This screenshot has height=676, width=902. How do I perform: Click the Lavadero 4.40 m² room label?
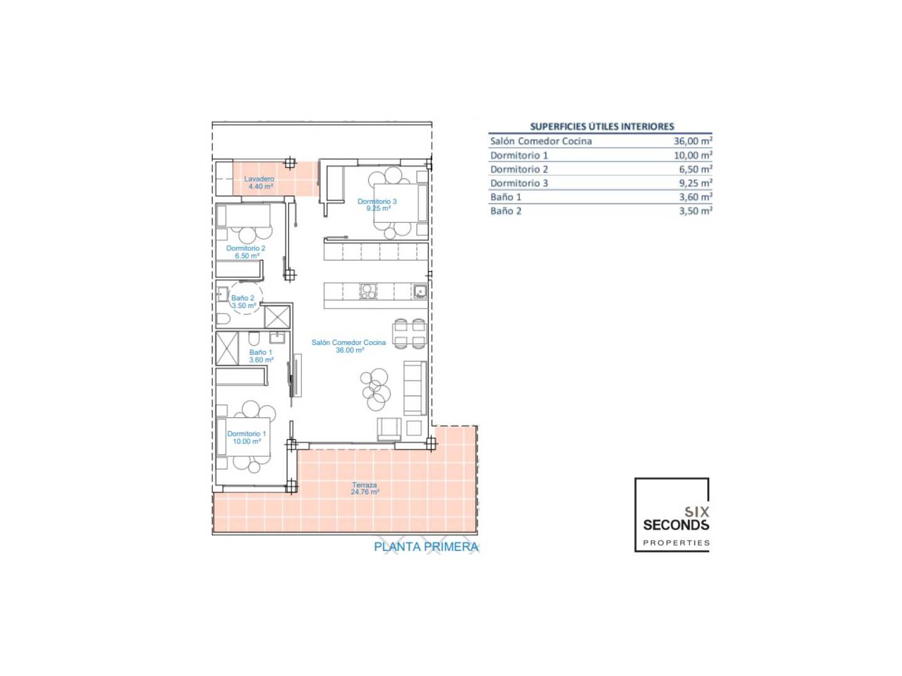pyautogui.click(x=259, y=183)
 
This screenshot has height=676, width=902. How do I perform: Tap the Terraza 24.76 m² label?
pyautogui.click(x=365, y=488)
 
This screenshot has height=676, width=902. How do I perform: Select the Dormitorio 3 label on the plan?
pyautogui.click(x=377, y=201)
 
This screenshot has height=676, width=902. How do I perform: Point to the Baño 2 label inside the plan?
pyautogui.click(x=242, y=298)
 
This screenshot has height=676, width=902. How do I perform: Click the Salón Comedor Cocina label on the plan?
pyautogui.click(x=348, y=342)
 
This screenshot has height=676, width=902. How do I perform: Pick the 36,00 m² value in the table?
pyautogui.click(x=693, y=141)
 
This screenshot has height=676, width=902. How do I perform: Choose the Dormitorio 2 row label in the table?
pyautogui.click(x=519, y=169)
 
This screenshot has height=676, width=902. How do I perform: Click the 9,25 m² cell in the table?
pyautogui.click(x=695, y=183)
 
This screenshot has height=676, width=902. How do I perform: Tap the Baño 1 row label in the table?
pyautogui.click(x=505, y=197)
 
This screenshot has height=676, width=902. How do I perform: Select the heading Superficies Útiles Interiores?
pyautogui.click(x=602, y=126)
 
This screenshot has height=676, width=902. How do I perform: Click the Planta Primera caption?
pyautogui.click(x=426, y=546)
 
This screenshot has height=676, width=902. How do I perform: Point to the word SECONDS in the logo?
pyautogui.click(x=676, y=525)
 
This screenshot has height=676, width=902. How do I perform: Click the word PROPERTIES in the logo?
pyautogui.click(x=676, y=543)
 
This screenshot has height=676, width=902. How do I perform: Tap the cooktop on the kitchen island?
pyautogui.click(x=368, y=292)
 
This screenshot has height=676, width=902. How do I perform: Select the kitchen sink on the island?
pyautogui.click(x=420, y=291)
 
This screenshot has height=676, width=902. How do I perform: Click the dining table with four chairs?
pyautogui.click(x=410, y=334)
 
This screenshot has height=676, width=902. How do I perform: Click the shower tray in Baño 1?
pyautogui.click(x=227, y=349)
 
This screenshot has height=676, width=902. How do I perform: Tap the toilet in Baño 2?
pyautogui.click(x=223, y=319)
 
